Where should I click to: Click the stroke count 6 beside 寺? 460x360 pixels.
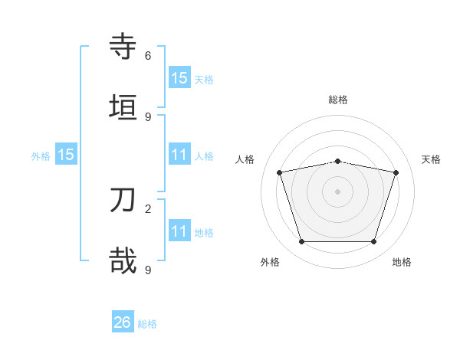point(148,56)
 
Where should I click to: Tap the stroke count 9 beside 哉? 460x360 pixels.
point(148,270)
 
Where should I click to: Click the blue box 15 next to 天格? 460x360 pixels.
point(179,78)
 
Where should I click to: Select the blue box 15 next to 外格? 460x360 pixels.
point(66,155)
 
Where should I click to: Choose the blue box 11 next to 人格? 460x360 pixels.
point(179,155)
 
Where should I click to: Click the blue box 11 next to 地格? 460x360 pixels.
point(179,231)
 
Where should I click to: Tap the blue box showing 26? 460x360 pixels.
point(123,323)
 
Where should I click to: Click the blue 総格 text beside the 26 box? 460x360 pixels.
point(147,324)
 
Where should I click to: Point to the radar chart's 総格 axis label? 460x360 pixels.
point(337,100)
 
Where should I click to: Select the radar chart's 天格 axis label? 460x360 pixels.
point(431,159)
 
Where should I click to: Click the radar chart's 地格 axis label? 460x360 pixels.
point(402,262)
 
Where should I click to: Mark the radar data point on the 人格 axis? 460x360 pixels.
point(280,173)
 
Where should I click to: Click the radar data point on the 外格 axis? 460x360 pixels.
point(301,242)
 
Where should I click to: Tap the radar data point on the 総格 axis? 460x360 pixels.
point(337,162)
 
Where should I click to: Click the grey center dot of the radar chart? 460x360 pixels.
point(337,191)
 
